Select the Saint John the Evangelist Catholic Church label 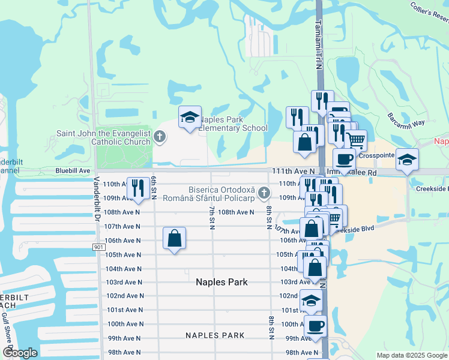tap(103, 138)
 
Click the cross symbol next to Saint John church tap(160, 137)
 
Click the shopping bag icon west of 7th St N tap(174, 238)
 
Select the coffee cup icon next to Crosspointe tap(344, 160)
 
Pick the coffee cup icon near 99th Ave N tap(315, 327)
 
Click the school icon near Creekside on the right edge tap(408, 160)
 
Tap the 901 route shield tap(99, 247)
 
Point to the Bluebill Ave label tap(73, 171)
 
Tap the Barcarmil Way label tap(406, 119)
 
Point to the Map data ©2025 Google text tap(412, 355)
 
